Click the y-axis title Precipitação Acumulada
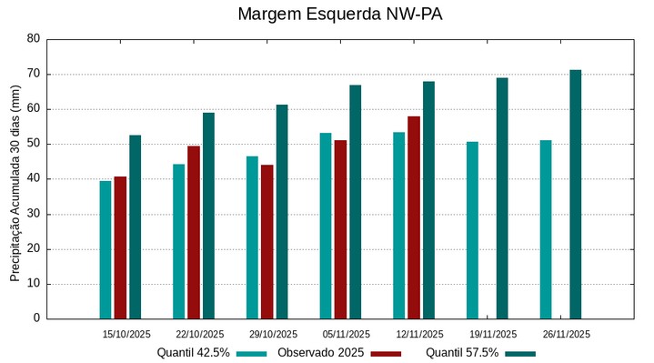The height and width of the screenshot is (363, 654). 15,178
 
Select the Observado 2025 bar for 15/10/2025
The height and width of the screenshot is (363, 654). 120,247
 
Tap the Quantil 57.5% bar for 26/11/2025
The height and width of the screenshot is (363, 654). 575,194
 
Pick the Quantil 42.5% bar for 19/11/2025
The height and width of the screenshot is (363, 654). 472,230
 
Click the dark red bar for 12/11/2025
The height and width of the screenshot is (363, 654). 414,217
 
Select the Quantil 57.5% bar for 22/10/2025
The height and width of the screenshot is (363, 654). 208,216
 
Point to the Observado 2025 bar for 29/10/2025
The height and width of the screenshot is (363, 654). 267,241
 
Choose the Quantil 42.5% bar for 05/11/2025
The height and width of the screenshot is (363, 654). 326,226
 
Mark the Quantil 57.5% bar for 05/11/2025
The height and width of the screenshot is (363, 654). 355,202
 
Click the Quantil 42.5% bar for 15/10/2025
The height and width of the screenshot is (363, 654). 106,249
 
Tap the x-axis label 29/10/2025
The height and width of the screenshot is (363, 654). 273,334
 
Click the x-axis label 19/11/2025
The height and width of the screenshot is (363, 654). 493,334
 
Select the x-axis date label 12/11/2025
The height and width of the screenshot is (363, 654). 419,334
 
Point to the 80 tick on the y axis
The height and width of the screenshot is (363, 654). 34,39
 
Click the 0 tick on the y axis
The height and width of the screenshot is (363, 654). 36,318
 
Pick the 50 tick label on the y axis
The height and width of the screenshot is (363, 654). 34,144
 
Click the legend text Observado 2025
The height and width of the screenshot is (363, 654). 321,353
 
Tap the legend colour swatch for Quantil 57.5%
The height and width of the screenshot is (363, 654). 520,353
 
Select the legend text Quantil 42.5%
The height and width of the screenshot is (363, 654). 193,353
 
